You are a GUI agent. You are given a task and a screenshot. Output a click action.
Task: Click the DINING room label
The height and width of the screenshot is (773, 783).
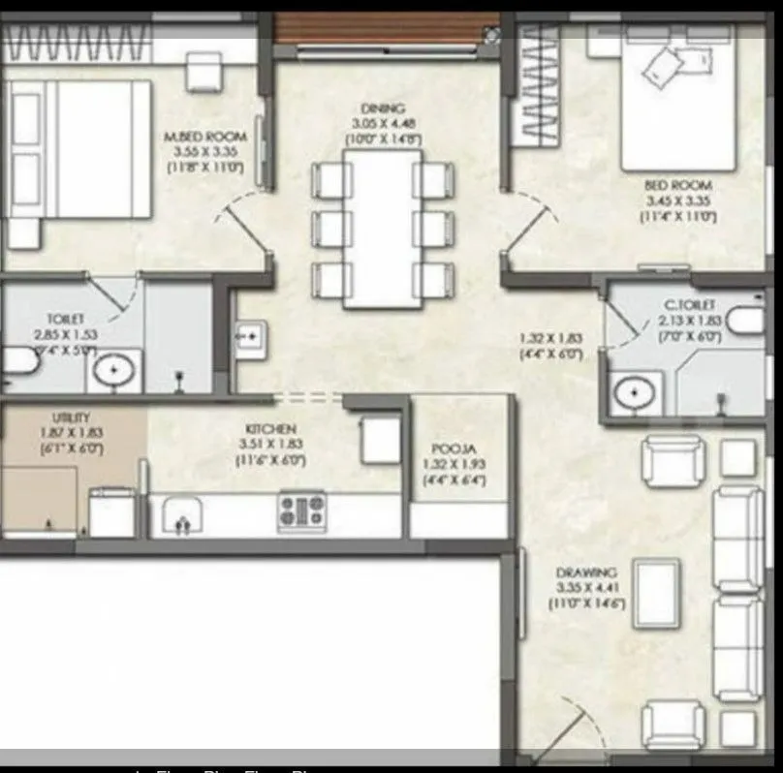point(382,108)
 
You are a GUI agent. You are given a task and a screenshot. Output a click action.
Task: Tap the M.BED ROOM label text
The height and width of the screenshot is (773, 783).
point(205,138)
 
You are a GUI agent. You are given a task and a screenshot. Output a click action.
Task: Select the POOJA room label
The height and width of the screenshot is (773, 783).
point(453,449)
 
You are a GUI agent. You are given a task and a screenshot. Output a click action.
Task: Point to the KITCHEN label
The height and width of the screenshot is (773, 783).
point(270,429)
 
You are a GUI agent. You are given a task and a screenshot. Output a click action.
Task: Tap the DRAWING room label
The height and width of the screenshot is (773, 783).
point(586,573)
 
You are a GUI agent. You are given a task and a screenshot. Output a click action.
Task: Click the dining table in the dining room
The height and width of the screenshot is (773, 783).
point(382,230)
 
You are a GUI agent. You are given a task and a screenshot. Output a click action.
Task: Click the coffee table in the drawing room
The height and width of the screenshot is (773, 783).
point(656,593)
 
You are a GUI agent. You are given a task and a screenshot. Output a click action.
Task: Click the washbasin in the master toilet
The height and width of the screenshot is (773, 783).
point(114,370)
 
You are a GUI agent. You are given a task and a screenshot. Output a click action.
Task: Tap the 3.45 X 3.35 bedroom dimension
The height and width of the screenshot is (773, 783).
point(677,201)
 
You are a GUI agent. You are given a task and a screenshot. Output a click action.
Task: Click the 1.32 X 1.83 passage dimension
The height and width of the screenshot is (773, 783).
point(550,338)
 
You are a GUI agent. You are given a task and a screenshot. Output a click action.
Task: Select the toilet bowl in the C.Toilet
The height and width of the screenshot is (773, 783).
point(747,321)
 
